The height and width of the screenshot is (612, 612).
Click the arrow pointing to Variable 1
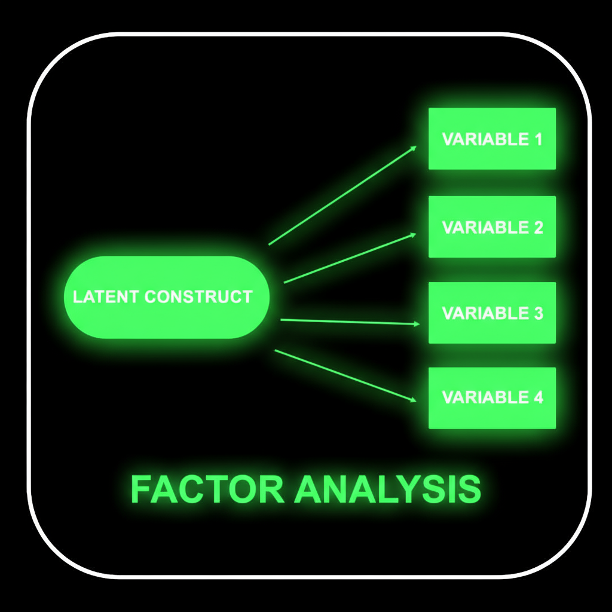[x=342, y=195]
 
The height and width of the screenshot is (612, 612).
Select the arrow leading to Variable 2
[x=350, y=258]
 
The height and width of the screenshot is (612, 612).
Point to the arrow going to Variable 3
[x=350, y=322]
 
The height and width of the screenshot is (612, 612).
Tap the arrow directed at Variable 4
[x=345, y=375]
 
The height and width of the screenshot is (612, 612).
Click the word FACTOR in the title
[x=207, y=490]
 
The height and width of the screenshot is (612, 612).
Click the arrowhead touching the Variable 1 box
[x=413, y=147]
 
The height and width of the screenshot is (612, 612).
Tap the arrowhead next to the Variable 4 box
[x=413, y=400]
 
